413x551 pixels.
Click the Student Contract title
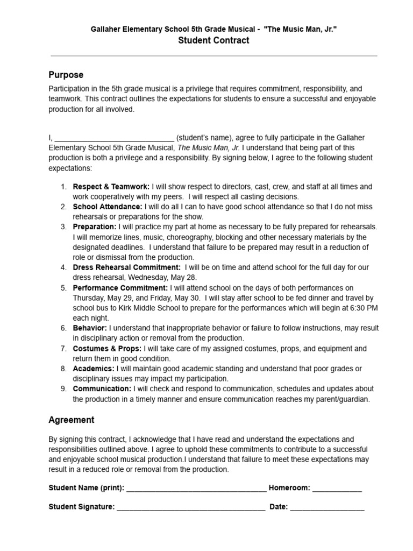[x=213, y=40]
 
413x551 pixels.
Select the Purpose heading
[x=66, y=75]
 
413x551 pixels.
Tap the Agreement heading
[x=72, y=420]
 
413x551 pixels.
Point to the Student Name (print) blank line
[x=196, y=489]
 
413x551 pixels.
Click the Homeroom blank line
[x=337, y=489]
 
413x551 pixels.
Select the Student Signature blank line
[x=191, y=507]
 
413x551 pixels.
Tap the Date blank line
[x=327, y=507]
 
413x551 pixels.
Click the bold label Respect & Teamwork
[x=111, y=187]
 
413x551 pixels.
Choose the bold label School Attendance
[x=108, y=207]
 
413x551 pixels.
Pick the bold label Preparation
[x=95, y=227]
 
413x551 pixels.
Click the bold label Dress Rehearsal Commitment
[x=127, y=267]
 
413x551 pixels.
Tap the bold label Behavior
[x=90, y=328]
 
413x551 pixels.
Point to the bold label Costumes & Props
[x=107, y=349]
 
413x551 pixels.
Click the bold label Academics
[x=94, y=369]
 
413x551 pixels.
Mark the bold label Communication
[x=102, y=388]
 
